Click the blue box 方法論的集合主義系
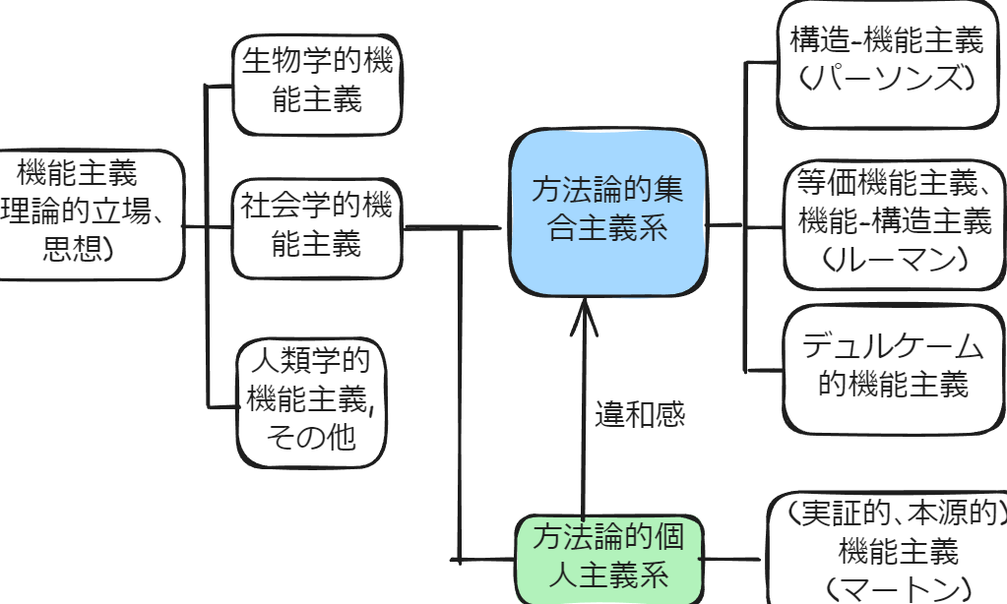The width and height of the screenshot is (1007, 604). pyautogui.click(x=607, y=211)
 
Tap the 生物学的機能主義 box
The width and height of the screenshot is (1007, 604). pyautogui.click(x=317, y=83)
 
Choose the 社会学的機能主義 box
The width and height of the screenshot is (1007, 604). pyautogui.click(x=317, y=226)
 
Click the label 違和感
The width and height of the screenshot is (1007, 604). pyautogui.click(x=639, y=414)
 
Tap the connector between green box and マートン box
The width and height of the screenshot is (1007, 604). pyautogui.click(x=733, y=559)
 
